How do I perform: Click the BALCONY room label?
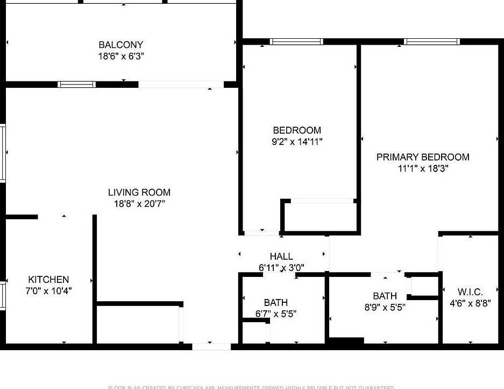121,45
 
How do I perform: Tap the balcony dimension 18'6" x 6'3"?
121,56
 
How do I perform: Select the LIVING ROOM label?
139,192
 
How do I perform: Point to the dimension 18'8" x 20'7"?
139,204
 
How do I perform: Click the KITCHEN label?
48,280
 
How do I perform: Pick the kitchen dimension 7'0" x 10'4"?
49,291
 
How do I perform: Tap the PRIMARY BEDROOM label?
423,157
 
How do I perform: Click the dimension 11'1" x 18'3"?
423,168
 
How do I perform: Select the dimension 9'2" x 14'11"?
297,142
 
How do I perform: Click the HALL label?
281,256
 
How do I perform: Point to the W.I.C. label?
470,291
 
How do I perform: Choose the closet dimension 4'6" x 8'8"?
470,303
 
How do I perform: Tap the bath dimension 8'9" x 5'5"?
385,307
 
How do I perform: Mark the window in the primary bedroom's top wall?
432,41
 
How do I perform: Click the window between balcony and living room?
77,84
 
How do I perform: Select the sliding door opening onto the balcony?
181,85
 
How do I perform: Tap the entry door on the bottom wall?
211,346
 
